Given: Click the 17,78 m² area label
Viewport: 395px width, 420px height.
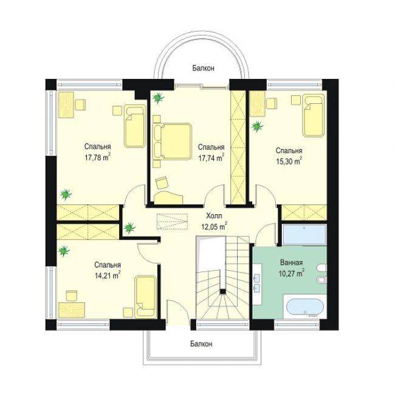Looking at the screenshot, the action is point(98,158).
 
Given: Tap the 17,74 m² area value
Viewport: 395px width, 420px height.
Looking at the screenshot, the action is point(211,158).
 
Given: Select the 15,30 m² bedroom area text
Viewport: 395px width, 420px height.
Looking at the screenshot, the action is point(289,161).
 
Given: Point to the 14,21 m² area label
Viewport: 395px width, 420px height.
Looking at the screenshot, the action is point(108,276).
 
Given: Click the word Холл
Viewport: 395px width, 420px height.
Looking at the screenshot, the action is point(214,215).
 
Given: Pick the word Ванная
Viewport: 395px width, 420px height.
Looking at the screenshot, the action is point(292,262).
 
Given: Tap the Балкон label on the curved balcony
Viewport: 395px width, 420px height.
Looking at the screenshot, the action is point(203,68).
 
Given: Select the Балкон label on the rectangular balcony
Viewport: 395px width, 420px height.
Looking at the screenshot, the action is point(201,344).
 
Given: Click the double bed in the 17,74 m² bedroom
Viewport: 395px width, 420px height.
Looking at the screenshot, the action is point(172,141).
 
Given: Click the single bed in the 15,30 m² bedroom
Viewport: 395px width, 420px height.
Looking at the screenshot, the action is point(314,115).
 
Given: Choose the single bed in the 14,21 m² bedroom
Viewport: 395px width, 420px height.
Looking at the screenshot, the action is point(146,297).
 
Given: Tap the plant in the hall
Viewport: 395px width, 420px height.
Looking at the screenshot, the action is point(130,228).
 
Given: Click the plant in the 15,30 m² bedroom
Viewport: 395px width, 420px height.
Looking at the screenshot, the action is point(258,126).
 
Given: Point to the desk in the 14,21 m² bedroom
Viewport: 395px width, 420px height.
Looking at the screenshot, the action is point(71,310).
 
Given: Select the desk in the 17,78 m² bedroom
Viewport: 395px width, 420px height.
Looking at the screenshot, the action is point(66,105).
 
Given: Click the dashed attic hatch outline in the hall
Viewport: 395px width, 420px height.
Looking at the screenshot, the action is point(172,222).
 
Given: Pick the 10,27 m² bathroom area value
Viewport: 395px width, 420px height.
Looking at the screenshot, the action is point(292,274).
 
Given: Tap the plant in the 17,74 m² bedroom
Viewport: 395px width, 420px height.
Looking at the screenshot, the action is point(158,98).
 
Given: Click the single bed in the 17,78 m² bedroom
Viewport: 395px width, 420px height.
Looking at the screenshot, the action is point(135,126).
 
